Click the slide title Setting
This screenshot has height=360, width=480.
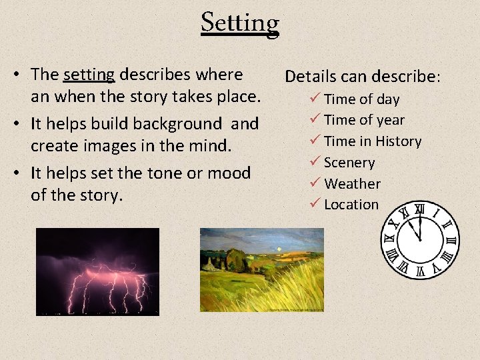tap(240, 23)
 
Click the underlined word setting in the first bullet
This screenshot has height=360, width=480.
tap(89, 75)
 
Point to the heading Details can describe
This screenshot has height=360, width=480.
tap(362, 76)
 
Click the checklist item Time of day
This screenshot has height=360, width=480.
tap(361, 99)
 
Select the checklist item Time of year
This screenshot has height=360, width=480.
tap(364, 120)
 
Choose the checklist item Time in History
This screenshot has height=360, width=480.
tap(373, 141)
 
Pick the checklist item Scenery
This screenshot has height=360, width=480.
tap(349, 163)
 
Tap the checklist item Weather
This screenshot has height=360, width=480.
tap(352, 183)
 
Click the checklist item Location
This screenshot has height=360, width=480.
tap(351, 205)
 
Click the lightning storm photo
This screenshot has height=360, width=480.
tap(97, 271)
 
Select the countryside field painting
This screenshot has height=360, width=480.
tap(261, 270)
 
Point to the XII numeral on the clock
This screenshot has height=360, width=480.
tap(419, 210)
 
